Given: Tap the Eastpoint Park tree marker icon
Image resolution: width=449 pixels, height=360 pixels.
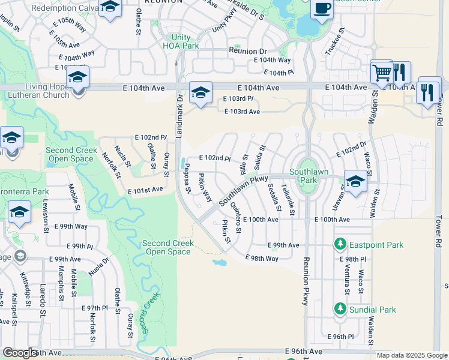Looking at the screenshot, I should [340, 245].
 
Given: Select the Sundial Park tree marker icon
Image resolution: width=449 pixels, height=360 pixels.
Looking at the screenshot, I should [340, 309].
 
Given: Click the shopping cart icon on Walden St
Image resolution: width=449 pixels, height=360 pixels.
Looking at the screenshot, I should [382, 73].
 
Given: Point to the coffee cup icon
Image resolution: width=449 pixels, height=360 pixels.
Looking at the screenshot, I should [322, 8].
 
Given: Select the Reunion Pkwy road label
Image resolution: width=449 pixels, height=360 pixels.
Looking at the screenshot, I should [306, 282].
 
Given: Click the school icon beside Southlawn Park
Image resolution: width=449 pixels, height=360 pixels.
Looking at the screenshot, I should [355, 182].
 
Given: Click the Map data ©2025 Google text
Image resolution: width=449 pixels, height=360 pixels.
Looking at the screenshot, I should [411, 355].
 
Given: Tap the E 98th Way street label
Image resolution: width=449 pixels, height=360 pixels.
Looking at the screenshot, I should [262, 258].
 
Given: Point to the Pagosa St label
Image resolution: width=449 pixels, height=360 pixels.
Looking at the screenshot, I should [187, 179].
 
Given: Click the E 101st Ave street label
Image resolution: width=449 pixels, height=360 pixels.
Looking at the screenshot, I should [145, 190].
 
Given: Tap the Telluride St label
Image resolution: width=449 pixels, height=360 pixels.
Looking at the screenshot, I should [291, 199].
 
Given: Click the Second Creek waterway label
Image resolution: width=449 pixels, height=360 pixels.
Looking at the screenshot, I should [149, 313].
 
